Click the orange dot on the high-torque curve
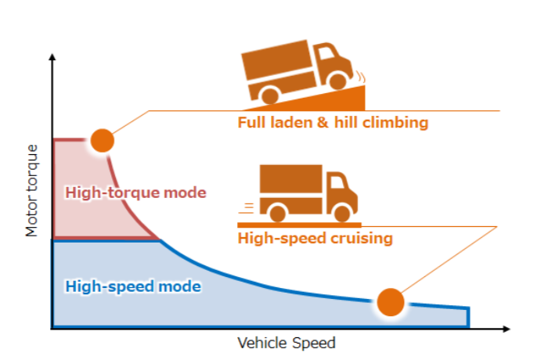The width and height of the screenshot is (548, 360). pos(102,140)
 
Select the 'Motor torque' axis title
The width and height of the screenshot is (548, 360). pos(32,190)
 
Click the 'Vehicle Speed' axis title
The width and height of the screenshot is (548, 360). pos(286,343)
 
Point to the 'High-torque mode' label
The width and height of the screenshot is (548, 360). pos(135,192)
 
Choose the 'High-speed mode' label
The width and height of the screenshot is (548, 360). pos(133,286)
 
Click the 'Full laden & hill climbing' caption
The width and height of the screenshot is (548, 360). pos(333,123)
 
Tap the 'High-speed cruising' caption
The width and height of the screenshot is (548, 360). pos(315,238)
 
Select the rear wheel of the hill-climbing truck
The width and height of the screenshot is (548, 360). pos(270,95)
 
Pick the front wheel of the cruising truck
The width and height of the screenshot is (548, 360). pos(341,211)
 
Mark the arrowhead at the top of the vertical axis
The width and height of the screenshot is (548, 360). pos(52,59)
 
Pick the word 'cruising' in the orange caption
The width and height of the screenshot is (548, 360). pos(360,238)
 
